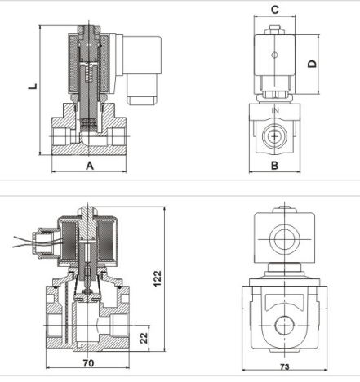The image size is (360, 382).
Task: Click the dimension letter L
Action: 33,87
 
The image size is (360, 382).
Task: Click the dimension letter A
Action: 90,166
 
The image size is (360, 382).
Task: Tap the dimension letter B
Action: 275,166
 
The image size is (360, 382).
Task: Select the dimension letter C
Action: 275,10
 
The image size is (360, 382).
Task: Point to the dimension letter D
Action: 313,64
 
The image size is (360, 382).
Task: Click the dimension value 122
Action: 158,278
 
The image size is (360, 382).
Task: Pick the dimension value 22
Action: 144,338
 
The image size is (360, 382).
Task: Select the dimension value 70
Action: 89,363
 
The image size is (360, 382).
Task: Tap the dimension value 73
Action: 285,366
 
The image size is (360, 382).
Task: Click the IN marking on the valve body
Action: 275,111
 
